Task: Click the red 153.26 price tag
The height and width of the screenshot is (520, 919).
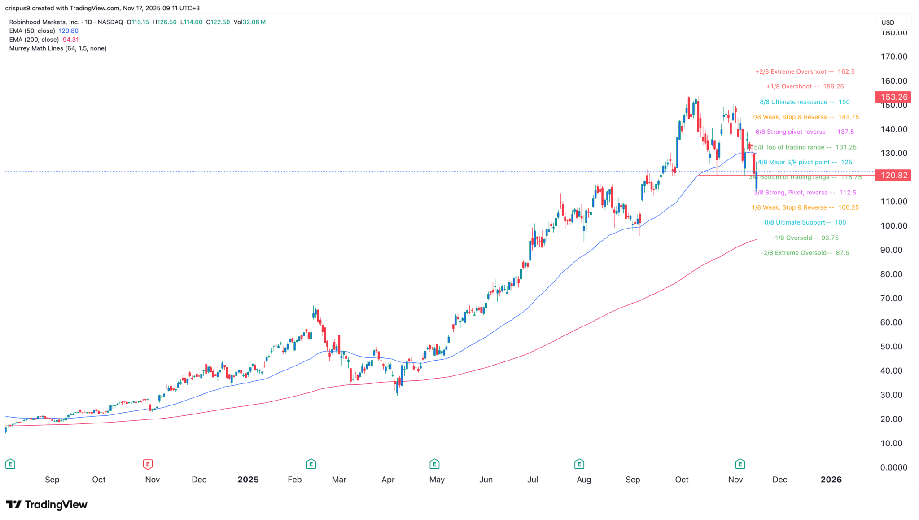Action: pyautogui.click(x=893, y=97)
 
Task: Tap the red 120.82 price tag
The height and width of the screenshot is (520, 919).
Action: pyautogui.click(x=893, y=175)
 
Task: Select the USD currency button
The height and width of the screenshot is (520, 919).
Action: pyautogui.click(x=888, y=22)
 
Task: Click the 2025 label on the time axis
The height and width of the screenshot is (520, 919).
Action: pyautogui.click(x=248, y=480)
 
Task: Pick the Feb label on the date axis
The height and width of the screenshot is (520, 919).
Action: pyautogui.click(x=294, y=480)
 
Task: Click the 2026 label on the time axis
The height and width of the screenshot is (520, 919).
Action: pyautogui.click(x=831, y=480)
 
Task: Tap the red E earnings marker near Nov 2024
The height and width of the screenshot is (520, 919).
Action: pyautogui.click(x=147, y=464)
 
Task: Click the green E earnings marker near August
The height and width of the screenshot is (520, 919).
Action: pyautogui.click(x=579, y=464)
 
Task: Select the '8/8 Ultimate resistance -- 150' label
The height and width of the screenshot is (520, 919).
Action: pyautogui.click(x=804, y=102)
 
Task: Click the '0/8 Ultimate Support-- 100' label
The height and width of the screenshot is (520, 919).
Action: pyautogui.click(x=805, y=222)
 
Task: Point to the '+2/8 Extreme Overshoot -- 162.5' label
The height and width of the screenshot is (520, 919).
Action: pyautogui.click(x=805, y=71)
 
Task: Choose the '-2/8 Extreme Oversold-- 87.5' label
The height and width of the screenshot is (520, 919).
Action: pyautogui.click(x=805, y=253)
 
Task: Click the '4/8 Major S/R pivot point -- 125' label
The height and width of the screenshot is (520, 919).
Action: pyautogui.click(x=805, y=162)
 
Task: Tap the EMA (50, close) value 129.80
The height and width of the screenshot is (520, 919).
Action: pyautogui.click(x=69, y=31)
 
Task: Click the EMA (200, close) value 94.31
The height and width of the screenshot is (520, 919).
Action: pyautogui.click(x=70, y=40)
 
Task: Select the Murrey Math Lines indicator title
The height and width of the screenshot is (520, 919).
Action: pyautogui.click(x=58, y=48)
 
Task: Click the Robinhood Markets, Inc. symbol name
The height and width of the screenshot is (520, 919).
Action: pyautogui.click(x=44, y=22)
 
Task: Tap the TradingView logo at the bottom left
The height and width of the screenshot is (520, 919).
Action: pyautogui.click(x=47, y=504)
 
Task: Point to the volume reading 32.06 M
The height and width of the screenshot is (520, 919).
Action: pyautogui.click(x=254, y=22)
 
